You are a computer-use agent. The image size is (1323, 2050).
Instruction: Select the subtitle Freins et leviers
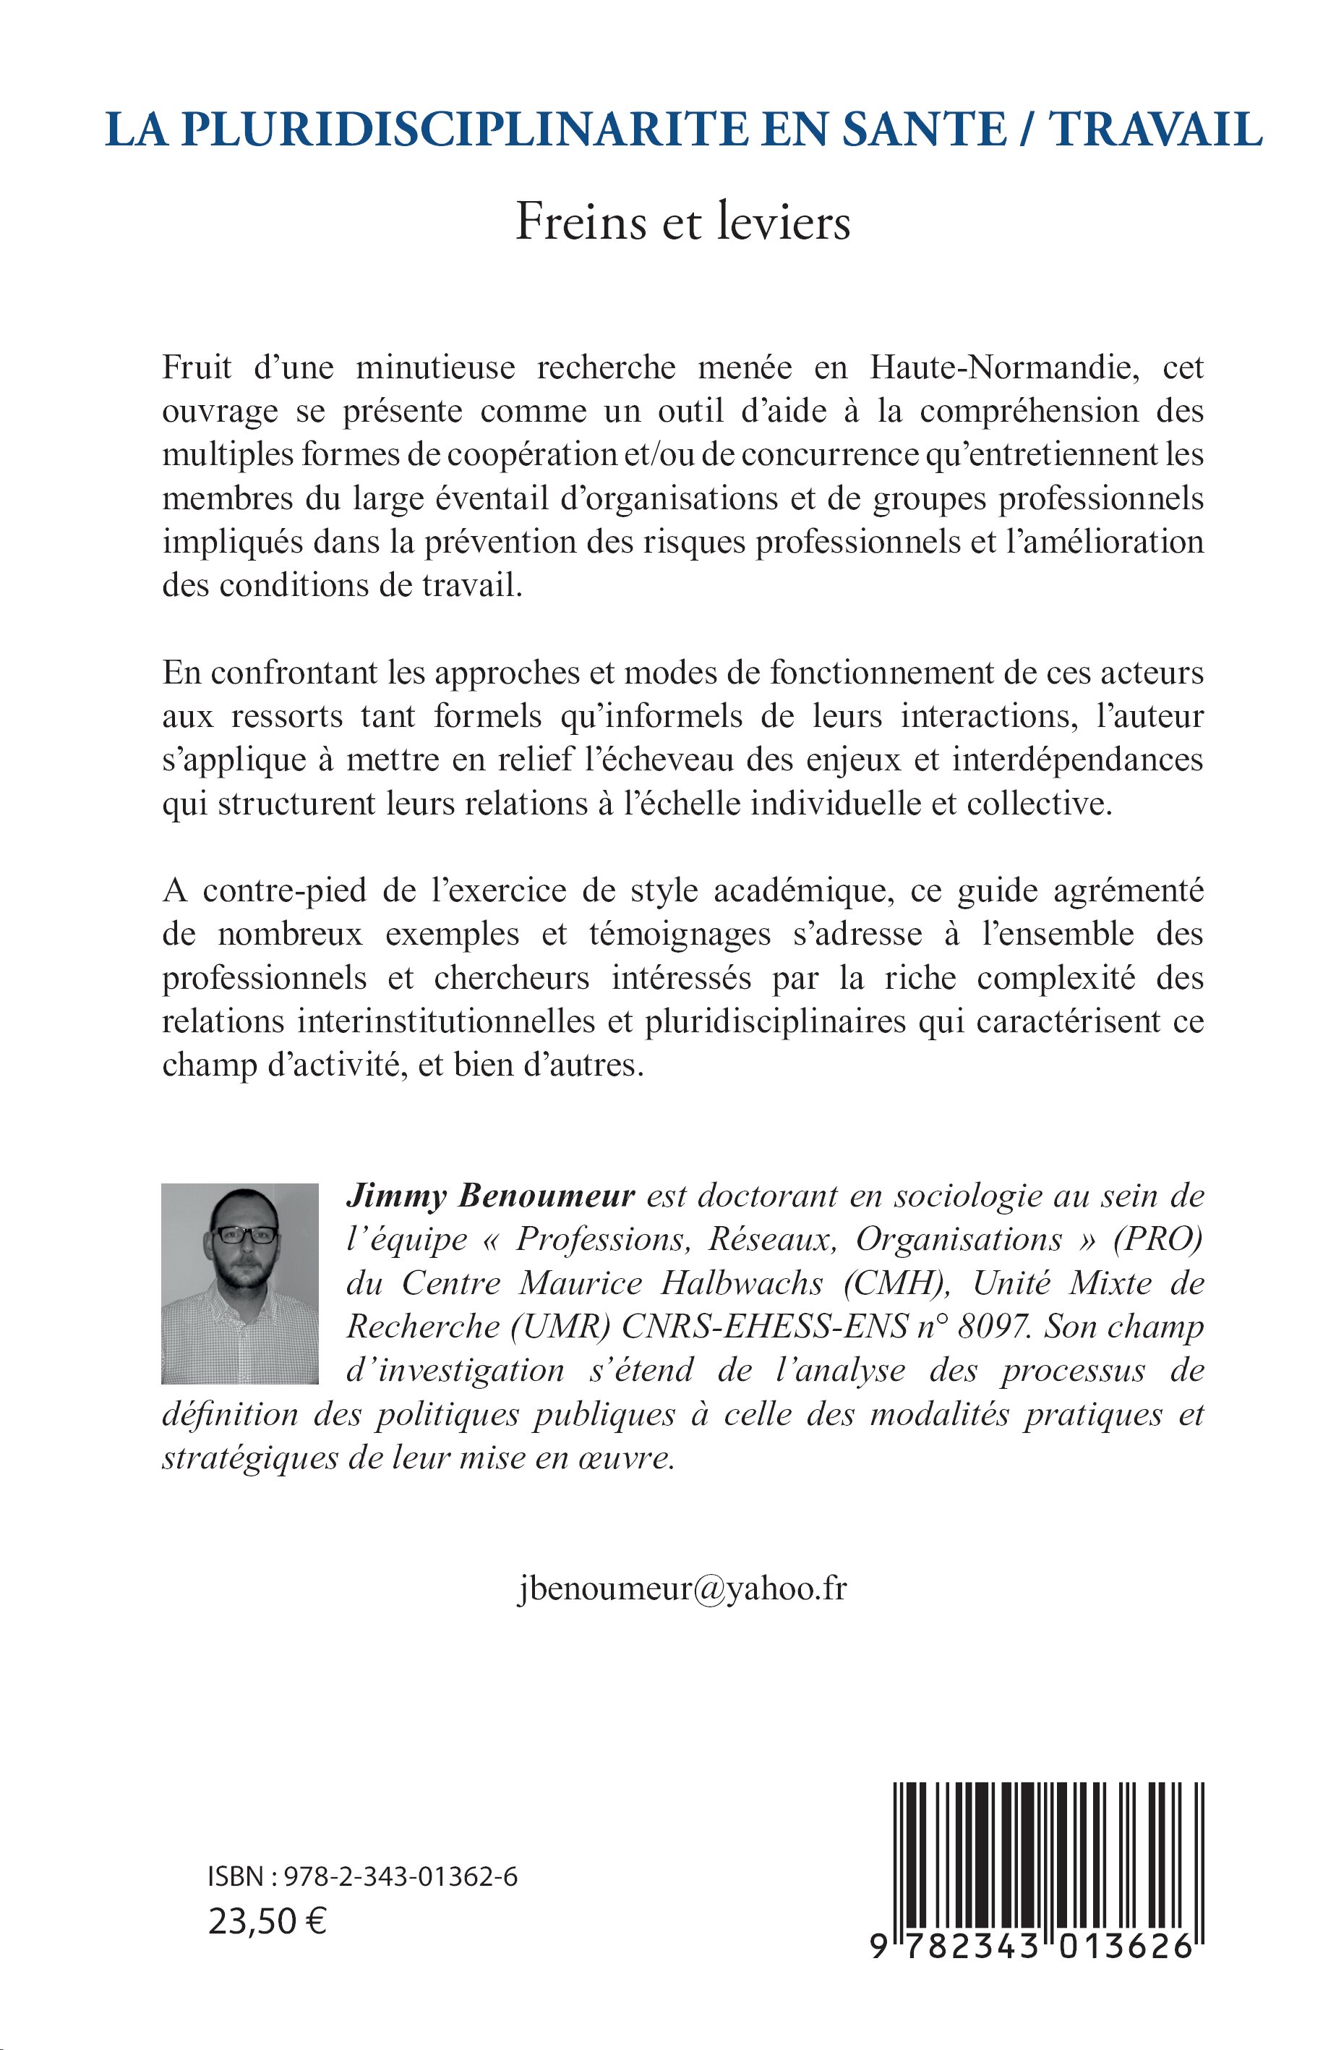pyautogui.click(x=683, y=223)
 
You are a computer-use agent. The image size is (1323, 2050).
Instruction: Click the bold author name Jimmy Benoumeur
pyautogui.click(x=489, y=1196)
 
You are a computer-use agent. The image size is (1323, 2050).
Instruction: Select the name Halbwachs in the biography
pyautogui.click(x=742, y=1283)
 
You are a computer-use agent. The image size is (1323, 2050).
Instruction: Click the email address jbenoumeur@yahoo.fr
pyautogui.click(x=683, y=1588)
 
